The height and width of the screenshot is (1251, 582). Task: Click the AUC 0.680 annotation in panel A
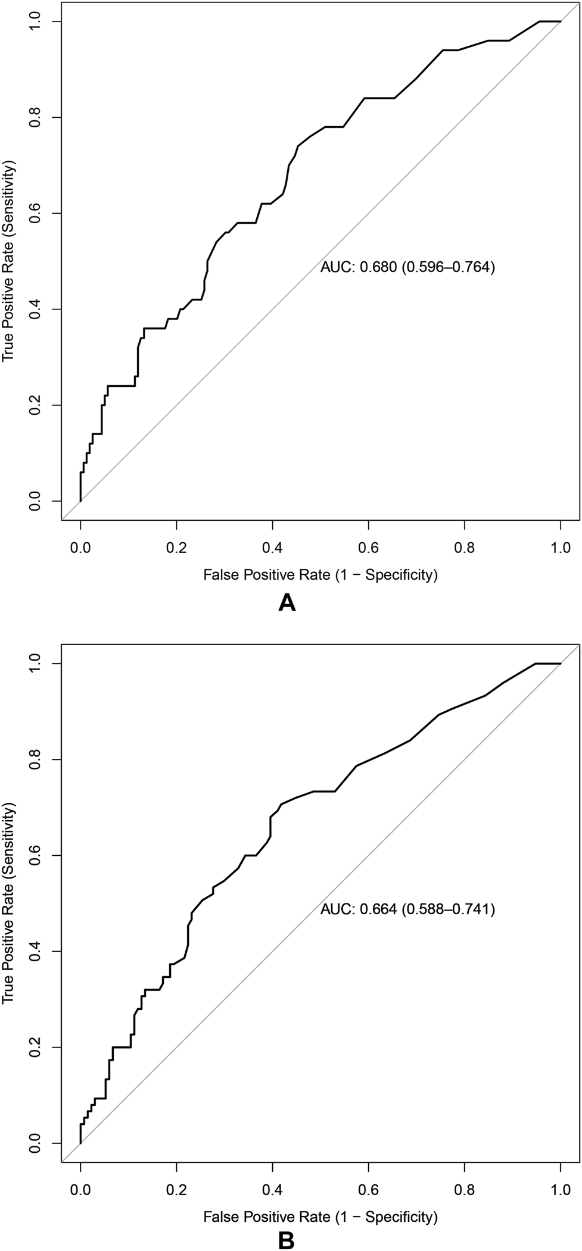coord(407,267)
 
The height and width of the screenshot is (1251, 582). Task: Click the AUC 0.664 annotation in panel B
coord(407,909)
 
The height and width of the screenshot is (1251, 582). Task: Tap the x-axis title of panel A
coord(320,575)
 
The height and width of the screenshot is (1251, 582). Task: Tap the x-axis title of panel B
coord(320,1216)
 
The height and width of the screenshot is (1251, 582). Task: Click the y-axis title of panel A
coord(8,261)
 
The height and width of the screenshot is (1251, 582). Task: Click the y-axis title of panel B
coord(8,902)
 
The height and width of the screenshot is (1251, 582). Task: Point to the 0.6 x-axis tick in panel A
coord(369,546)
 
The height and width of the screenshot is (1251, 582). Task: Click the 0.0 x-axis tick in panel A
coord(80,546)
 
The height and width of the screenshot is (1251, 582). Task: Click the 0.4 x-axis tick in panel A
coord(272,546)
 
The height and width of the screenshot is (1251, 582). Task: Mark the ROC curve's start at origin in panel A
coord(80,501)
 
